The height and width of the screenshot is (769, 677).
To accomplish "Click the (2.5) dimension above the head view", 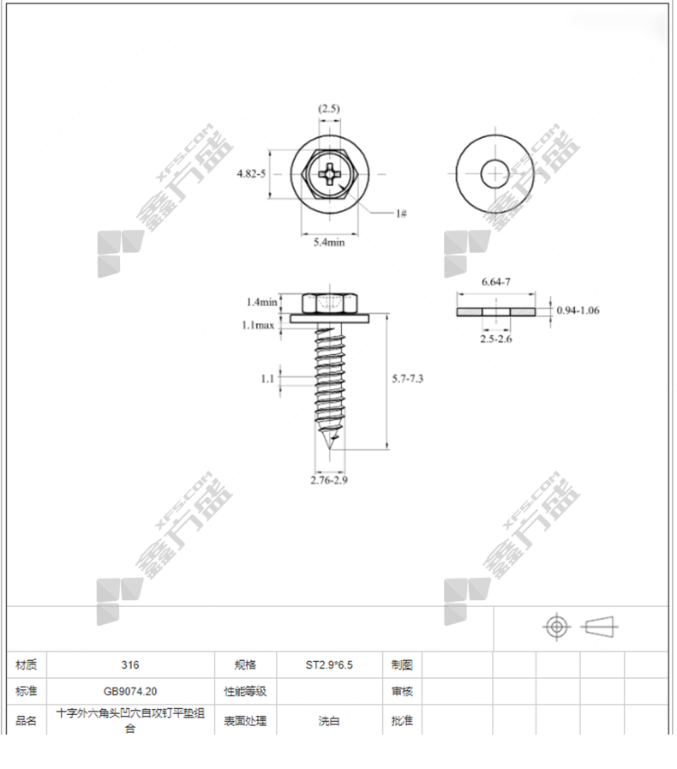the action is (328, 108).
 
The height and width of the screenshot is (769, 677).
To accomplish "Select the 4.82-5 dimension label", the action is (251, 174).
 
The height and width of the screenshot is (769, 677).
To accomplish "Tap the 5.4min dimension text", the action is (329, 243).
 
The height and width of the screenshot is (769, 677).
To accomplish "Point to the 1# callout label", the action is (401, 213).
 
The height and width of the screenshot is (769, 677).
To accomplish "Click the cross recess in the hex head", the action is (329, 174).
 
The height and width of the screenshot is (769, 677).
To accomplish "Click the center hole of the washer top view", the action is (495, 174).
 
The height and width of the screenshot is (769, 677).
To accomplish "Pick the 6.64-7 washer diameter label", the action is (495, 281).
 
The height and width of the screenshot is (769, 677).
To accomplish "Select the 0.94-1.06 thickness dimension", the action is (578, 310).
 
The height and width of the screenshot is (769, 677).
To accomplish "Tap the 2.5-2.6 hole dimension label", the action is (495, 339).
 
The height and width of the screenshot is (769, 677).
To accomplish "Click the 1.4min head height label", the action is (261, 302).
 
